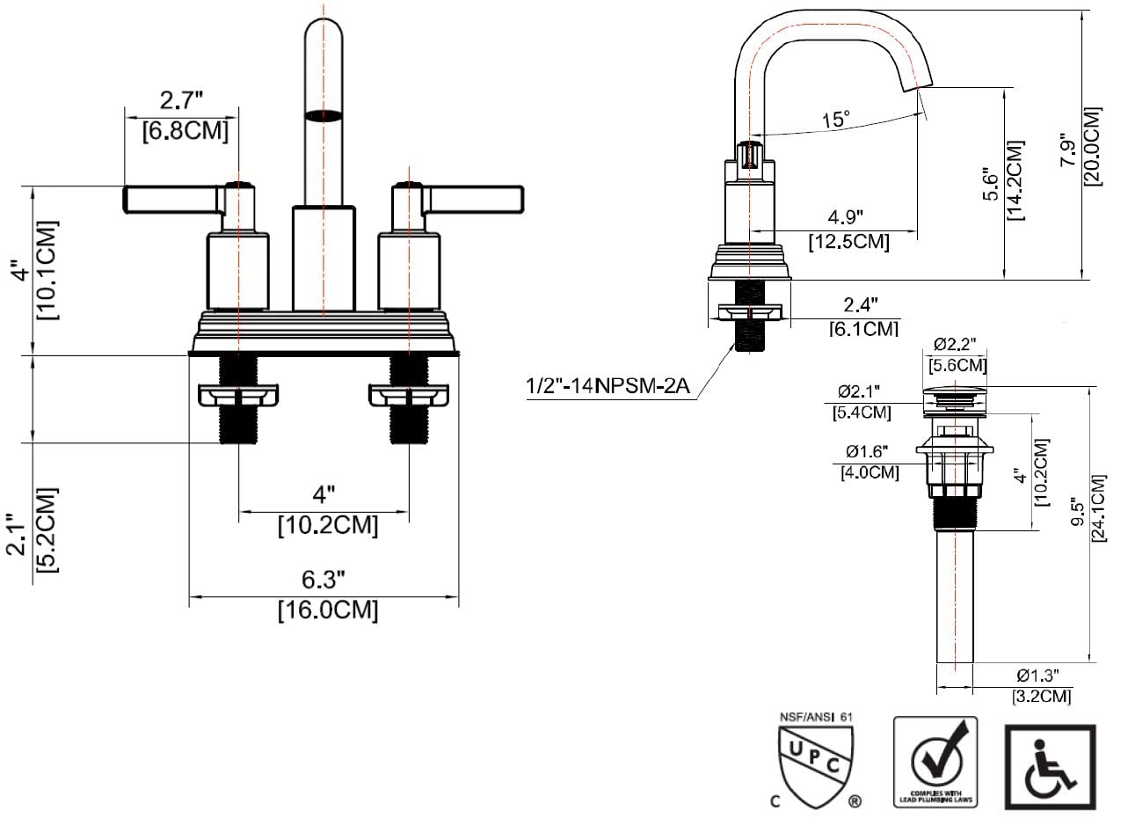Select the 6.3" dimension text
pyautogui.click(x=324, y=580)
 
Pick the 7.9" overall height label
pyautogui.click(x=1067, y=150)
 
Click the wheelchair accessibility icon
pyautogui.click(x=1050, y=767)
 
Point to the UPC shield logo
pyautogui.click(x=813, y=763)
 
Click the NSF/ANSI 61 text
pyautogui.click(x=817, y=717)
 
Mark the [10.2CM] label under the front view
pyautogui.click(x=328, y=526)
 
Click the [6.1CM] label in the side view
pyautogui.click(x=863, y=328)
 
